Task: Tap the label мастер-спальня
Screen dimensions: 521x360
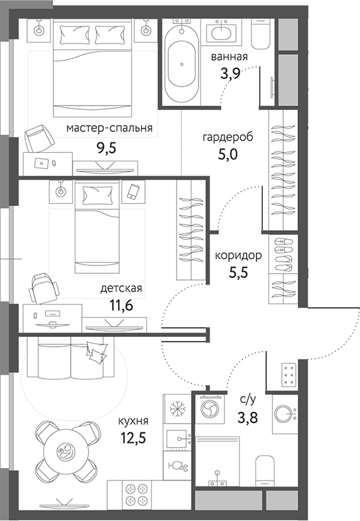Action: tap(110, 128)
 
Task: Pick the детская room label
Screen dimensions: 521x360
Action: tap(121, 288)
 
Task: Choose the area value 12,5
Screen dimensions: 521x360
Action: tap(133, 438)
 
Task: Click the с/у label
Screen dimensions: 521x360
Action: tap(248, 399)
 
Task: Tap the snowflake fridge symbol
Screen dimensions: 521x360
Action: tap(177, 408)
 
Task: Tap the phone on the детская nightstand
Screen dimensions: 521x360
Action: tap(133, 191)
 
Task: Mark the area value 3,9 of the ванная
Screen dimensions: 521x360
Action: tap(229, 72)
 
